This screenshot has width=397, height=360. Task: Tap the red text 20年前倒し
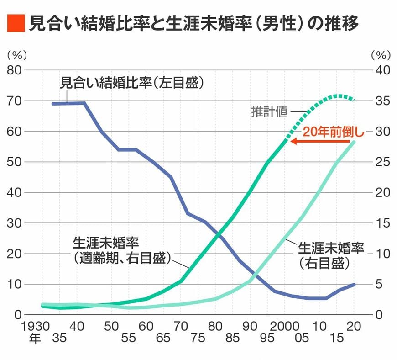pos(334,132)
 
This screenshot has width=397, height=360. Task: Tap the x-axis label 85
pos(233,339)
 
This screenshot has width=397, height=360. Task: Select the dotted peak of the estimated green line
pos(338,96)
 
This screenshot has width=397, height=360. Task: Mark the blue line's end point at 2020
pos(354,284)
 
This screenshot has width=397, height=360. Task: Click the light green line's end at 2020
pos(354,142)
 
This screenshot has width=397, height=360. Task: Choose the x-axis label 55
pos(129,339)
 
